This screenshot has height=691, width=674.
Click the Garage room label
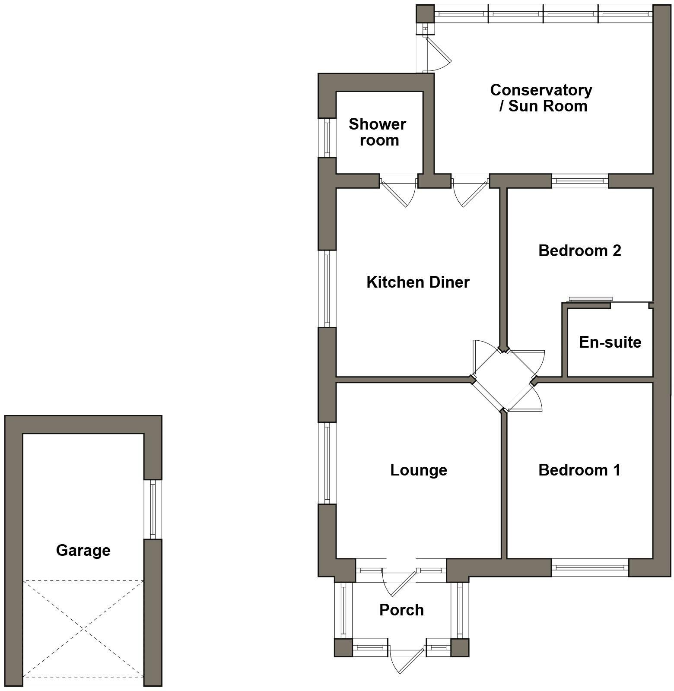(83, 550)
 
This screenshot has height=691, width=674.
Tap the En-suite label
(610, 342)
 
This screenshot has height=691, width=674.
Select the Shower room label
(378, 132)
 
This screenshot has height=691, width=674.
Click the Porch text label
(401, 610)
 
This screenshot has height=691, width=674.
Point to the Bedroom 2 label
(579, 250)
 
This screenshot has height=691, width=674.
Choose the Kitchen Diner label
(418, 282)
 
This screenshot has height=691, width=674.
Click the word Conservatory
(541, 90)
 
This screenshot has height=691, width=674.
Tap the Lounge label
(418, 470)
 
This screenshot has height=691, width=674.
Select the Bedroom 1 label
(579, 470)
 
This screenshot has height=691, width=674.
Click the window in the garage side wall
(153, 509)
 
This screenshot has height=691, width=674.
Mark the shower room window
(327, 137)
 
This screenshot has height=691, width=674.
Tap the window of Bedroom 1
(590, 568)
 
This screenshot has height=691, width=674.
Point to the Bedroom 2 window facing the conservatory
(580, 181)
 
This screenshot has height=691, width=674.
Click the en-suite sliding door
(591, 299)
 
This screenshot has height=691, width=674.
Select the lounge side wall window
(327, 463)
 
